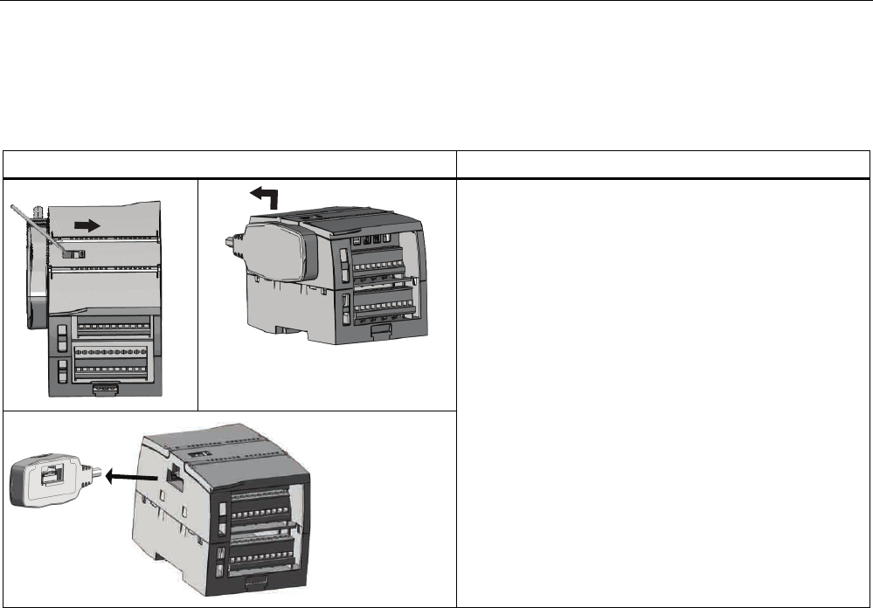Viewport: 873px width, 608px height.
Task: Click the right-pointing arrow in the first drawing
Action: pos(88,224)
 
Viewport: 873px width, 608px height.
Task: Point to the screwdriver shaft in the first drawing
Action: pos(36,227)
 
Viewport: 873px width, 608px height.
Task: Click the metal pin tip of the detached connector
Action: pos(101,477)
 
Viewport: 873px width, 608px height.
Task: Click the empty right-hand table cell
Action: pos(664,392)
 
